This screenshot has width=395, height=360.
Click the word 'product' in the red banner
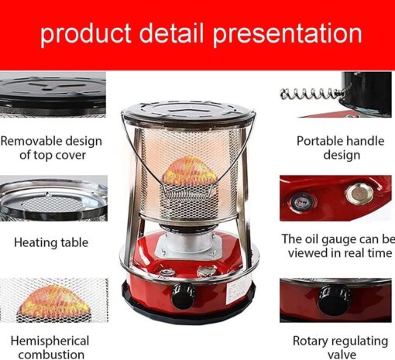86,33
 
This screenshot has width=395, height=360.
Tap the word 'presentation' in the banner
287,33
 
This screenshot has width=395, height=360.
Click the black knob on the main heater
183,297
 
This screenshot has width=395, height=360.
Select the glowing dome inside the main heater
190,171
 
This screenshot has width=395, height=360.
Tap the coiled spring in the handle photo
313,94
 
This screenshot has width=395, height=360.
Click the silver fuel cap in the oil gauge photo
359,194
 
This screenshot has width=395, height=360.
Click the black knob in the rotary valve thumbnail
335,300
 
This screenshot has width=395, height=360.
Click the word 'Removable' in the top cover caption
31,141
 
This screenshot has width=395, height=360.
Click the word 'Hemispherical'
50,341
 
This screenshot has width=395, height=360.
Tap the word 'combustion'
51,355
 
